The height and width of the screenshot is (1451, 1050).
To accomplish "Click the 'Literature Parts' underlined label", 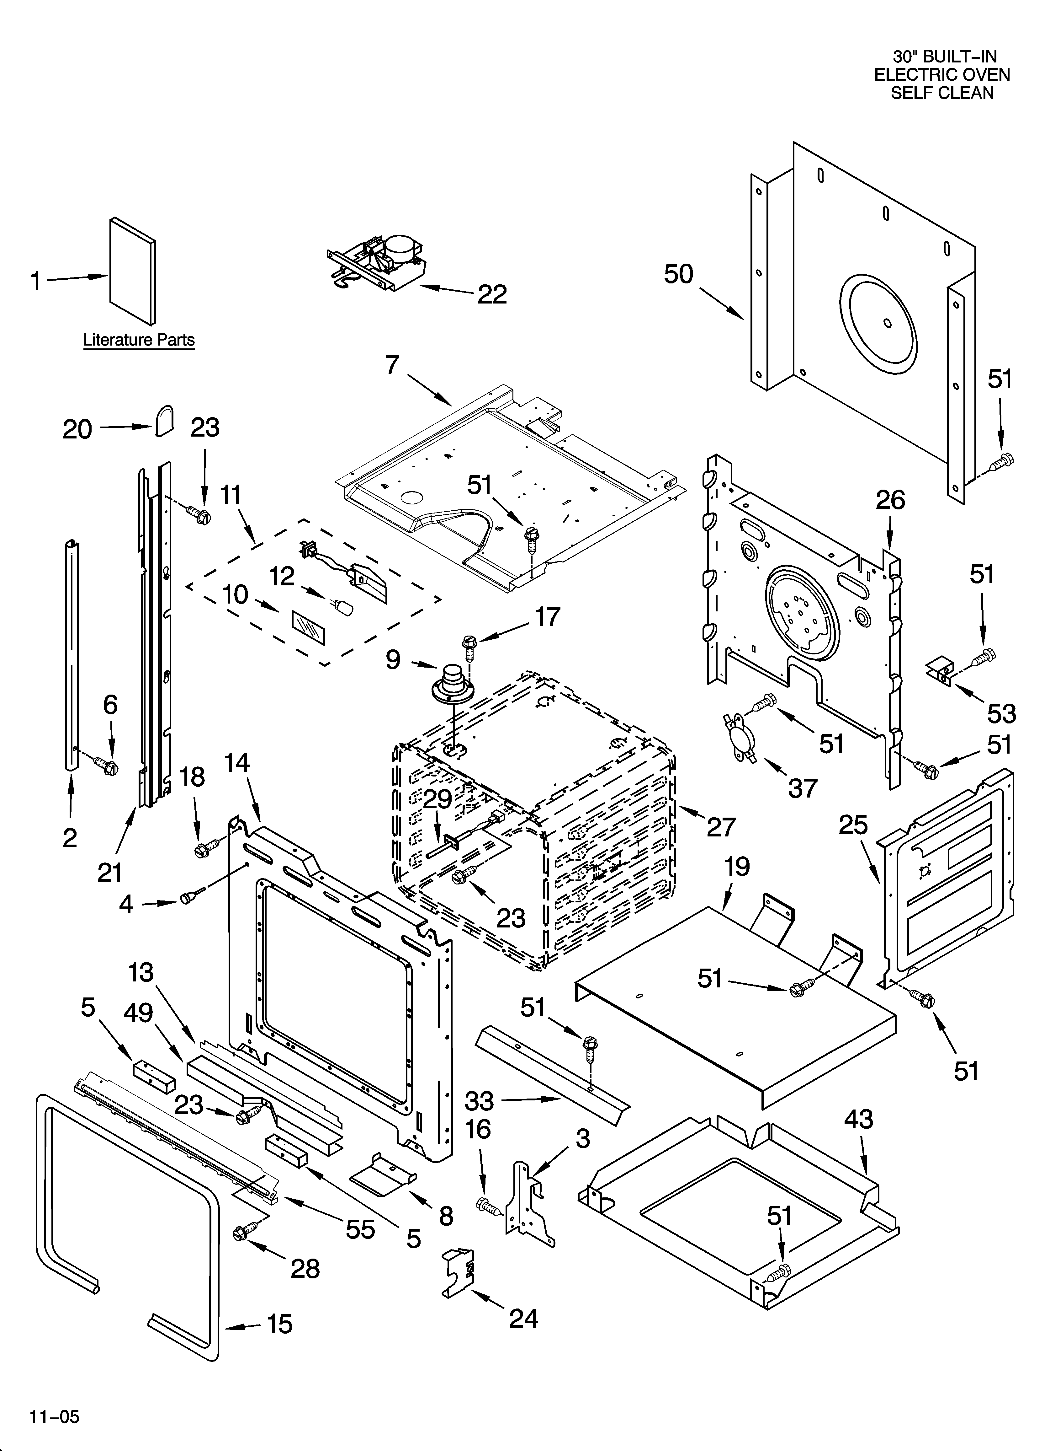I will [139, 340].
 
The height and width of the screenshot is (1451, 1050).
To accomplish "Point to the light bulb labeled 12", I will [343, 605].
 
